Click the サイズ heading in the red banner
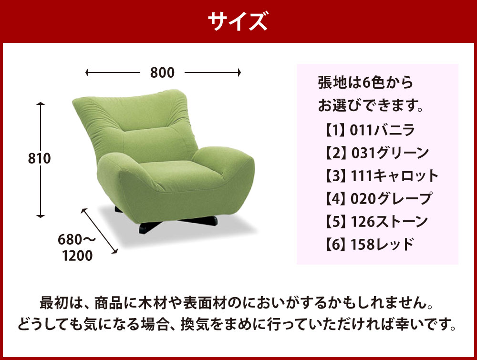pos(238,21)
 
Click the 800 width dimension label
pos(163,72)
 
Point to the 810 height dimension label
pos(39,158)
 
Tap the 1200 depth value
pos(77,256)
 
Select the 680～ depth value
pos(77,240)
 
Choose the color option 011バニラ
pos(383,130)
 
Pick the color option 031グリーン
pos(390,153)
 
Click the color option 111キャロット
pos(394,176)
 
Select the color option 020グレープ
pos(391,198)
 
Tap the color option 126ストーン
pos(389,221)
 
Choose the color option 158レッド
pos(383,244)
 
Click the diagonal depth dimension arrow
pos(99,231)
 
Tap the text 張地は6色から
pos(366,82)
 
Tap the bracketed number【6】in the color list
pos(335,245)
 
